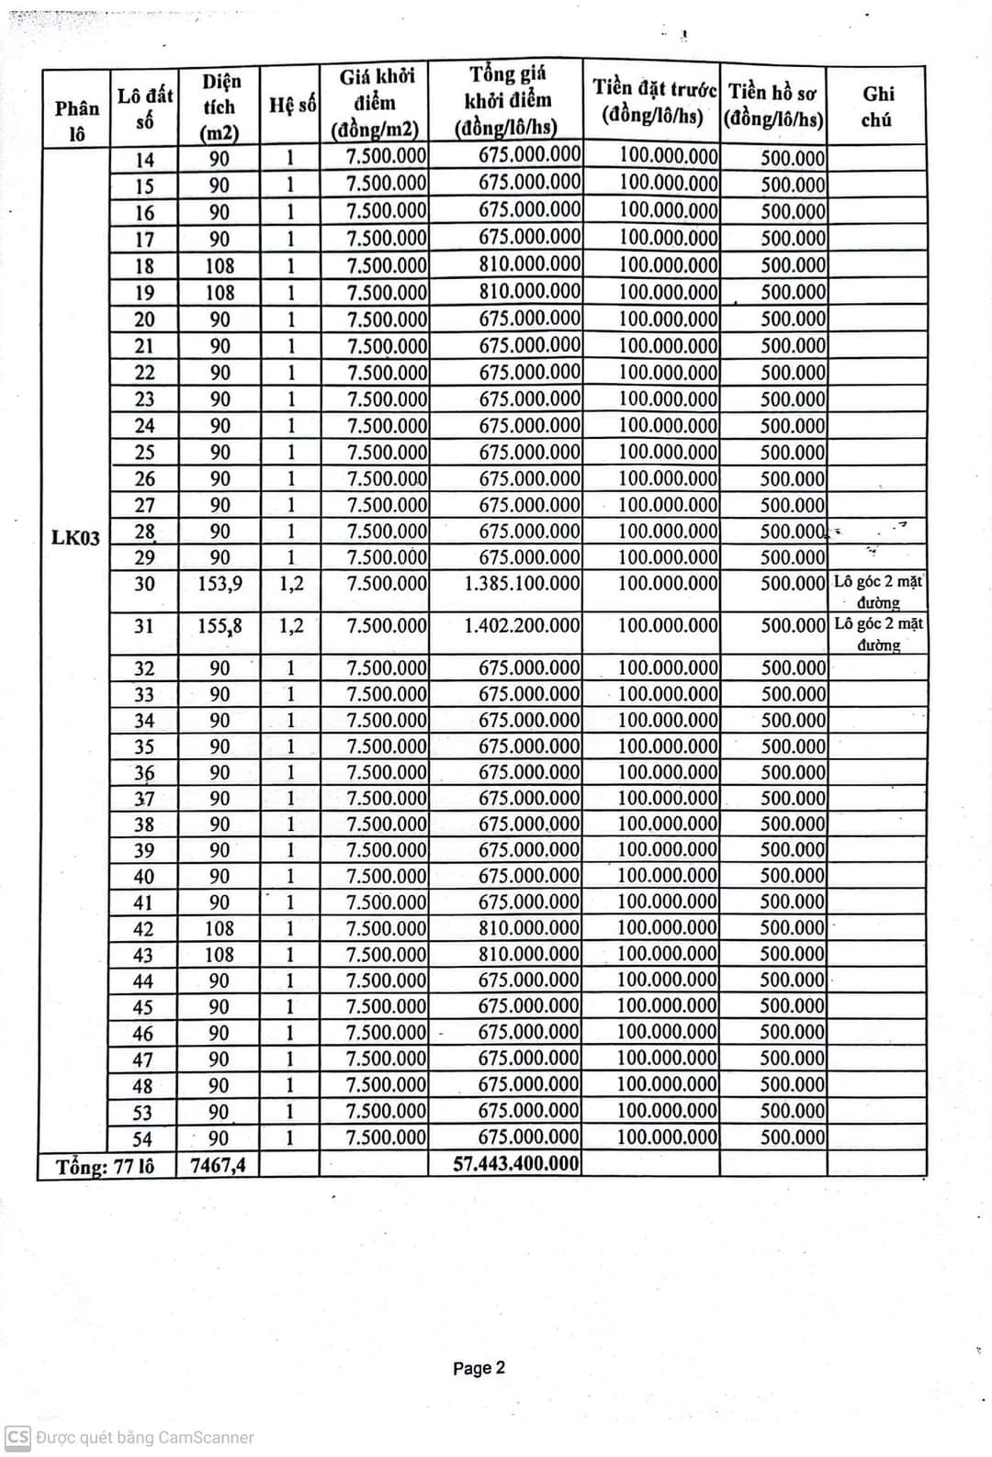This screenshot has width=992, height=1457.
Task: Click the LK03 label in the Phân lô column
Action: (x=75, y=537)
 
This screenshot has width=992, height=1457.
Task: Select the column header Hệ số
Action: (x=292, y=106)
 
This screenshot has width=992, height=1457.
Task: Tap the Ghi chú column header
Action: (x=877, y=106)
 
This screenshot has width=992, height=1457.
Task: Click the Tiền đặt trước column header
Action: (x=653, y=102)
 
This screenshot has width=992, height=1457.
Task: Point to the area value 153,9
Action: (x=220, y=584)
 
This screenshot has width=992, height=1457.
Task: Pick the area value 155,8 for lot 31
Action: (x=220, y=626)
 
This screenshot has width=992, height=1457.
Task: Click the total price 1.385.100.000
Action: (x=522, y=584)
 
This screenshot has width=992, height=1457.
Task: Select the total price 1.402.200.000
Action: (x=522, y=626)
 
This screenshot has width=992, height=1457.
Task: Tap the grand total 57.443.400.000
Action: (x=516, y=1164)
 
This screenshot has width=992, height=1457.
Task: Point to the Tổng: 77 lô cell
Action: (x=105, y=1167)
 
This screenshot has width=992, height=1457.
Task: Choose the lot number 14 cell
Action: (x=145, y=160)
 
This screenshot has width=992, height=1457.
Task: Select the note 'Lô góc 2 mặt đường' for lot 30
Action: (x=878, y=591)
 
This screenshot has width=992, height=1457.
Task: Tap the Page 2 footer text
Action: (x=479, y=1368)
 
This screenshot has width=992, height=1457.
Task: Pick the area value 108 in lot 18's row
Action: (x=220, y=266)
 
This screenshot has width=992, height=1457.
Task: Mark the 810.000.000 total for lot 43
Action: (x=529, y=955)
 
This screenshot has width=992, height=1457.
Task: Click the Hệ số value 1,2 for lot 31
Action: (x=291, y=626)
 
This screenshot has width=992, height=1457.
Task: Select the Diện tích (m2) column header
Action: (x=220, y=106)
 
